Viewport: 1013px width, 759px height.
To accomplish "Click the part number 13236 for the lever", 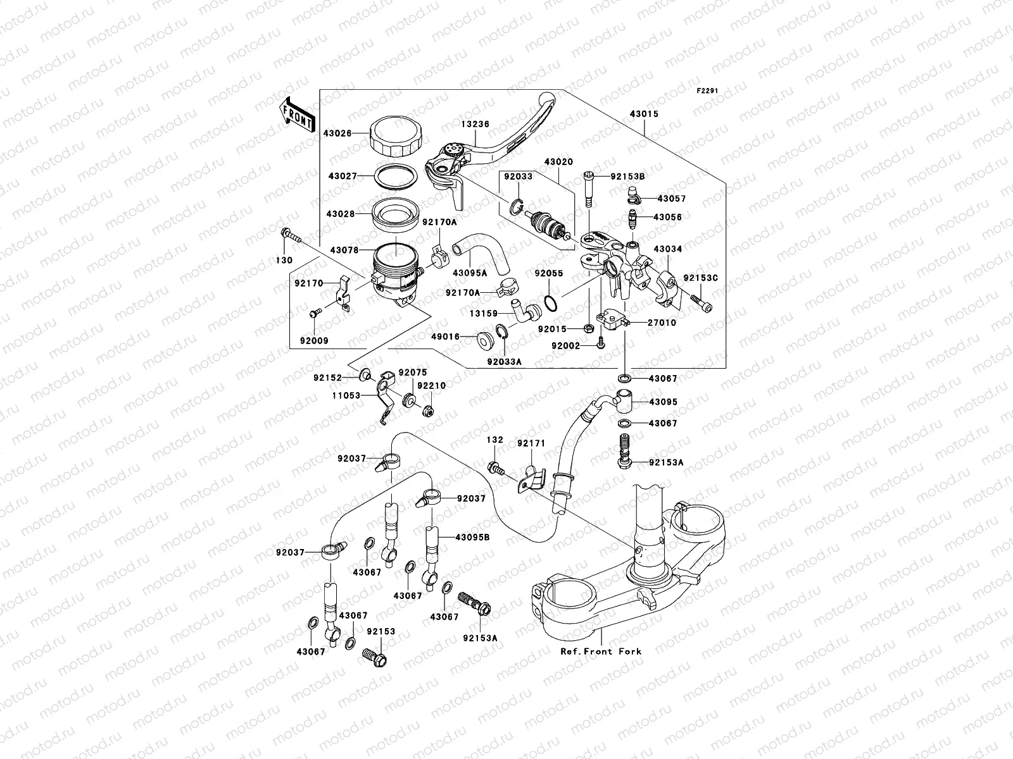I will [x=474, y=125].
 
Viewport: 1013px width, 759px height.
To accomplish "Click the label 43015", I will [x=644, y=114].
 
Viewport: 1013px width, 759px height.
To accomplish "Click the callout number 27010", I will [x=662, y=323].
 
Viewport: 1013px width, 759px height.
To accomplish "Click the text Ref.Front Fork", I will [x=600, y=651].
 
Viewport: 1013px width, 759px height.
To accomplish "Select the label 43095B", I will [x=472, y=537].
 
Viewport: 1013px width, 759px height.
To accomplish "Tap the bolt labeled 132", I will [x=496, y=469].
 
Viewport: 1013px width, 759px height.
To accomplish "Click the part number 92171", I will [x=531, y=444].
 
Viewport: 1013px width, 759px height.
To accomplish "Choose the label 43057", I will [x=670, y=199].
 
